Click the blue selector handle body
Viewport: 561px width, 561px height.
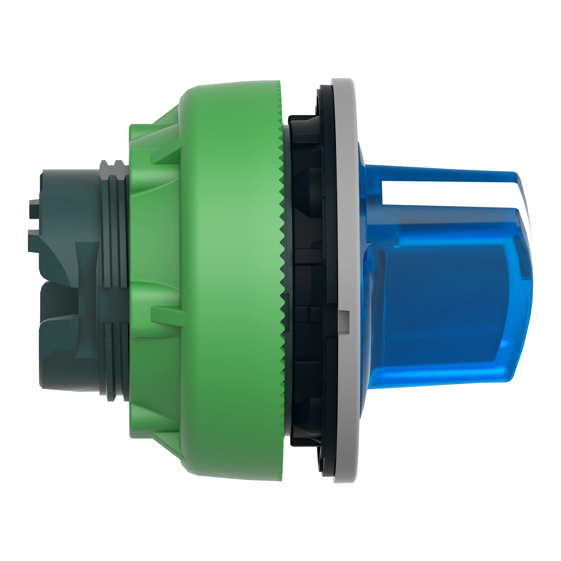pyautogui.click(x=441, y=290)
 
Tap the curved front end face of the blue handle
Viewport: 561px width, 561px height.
pyautogui.click(x=523, y=290)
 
